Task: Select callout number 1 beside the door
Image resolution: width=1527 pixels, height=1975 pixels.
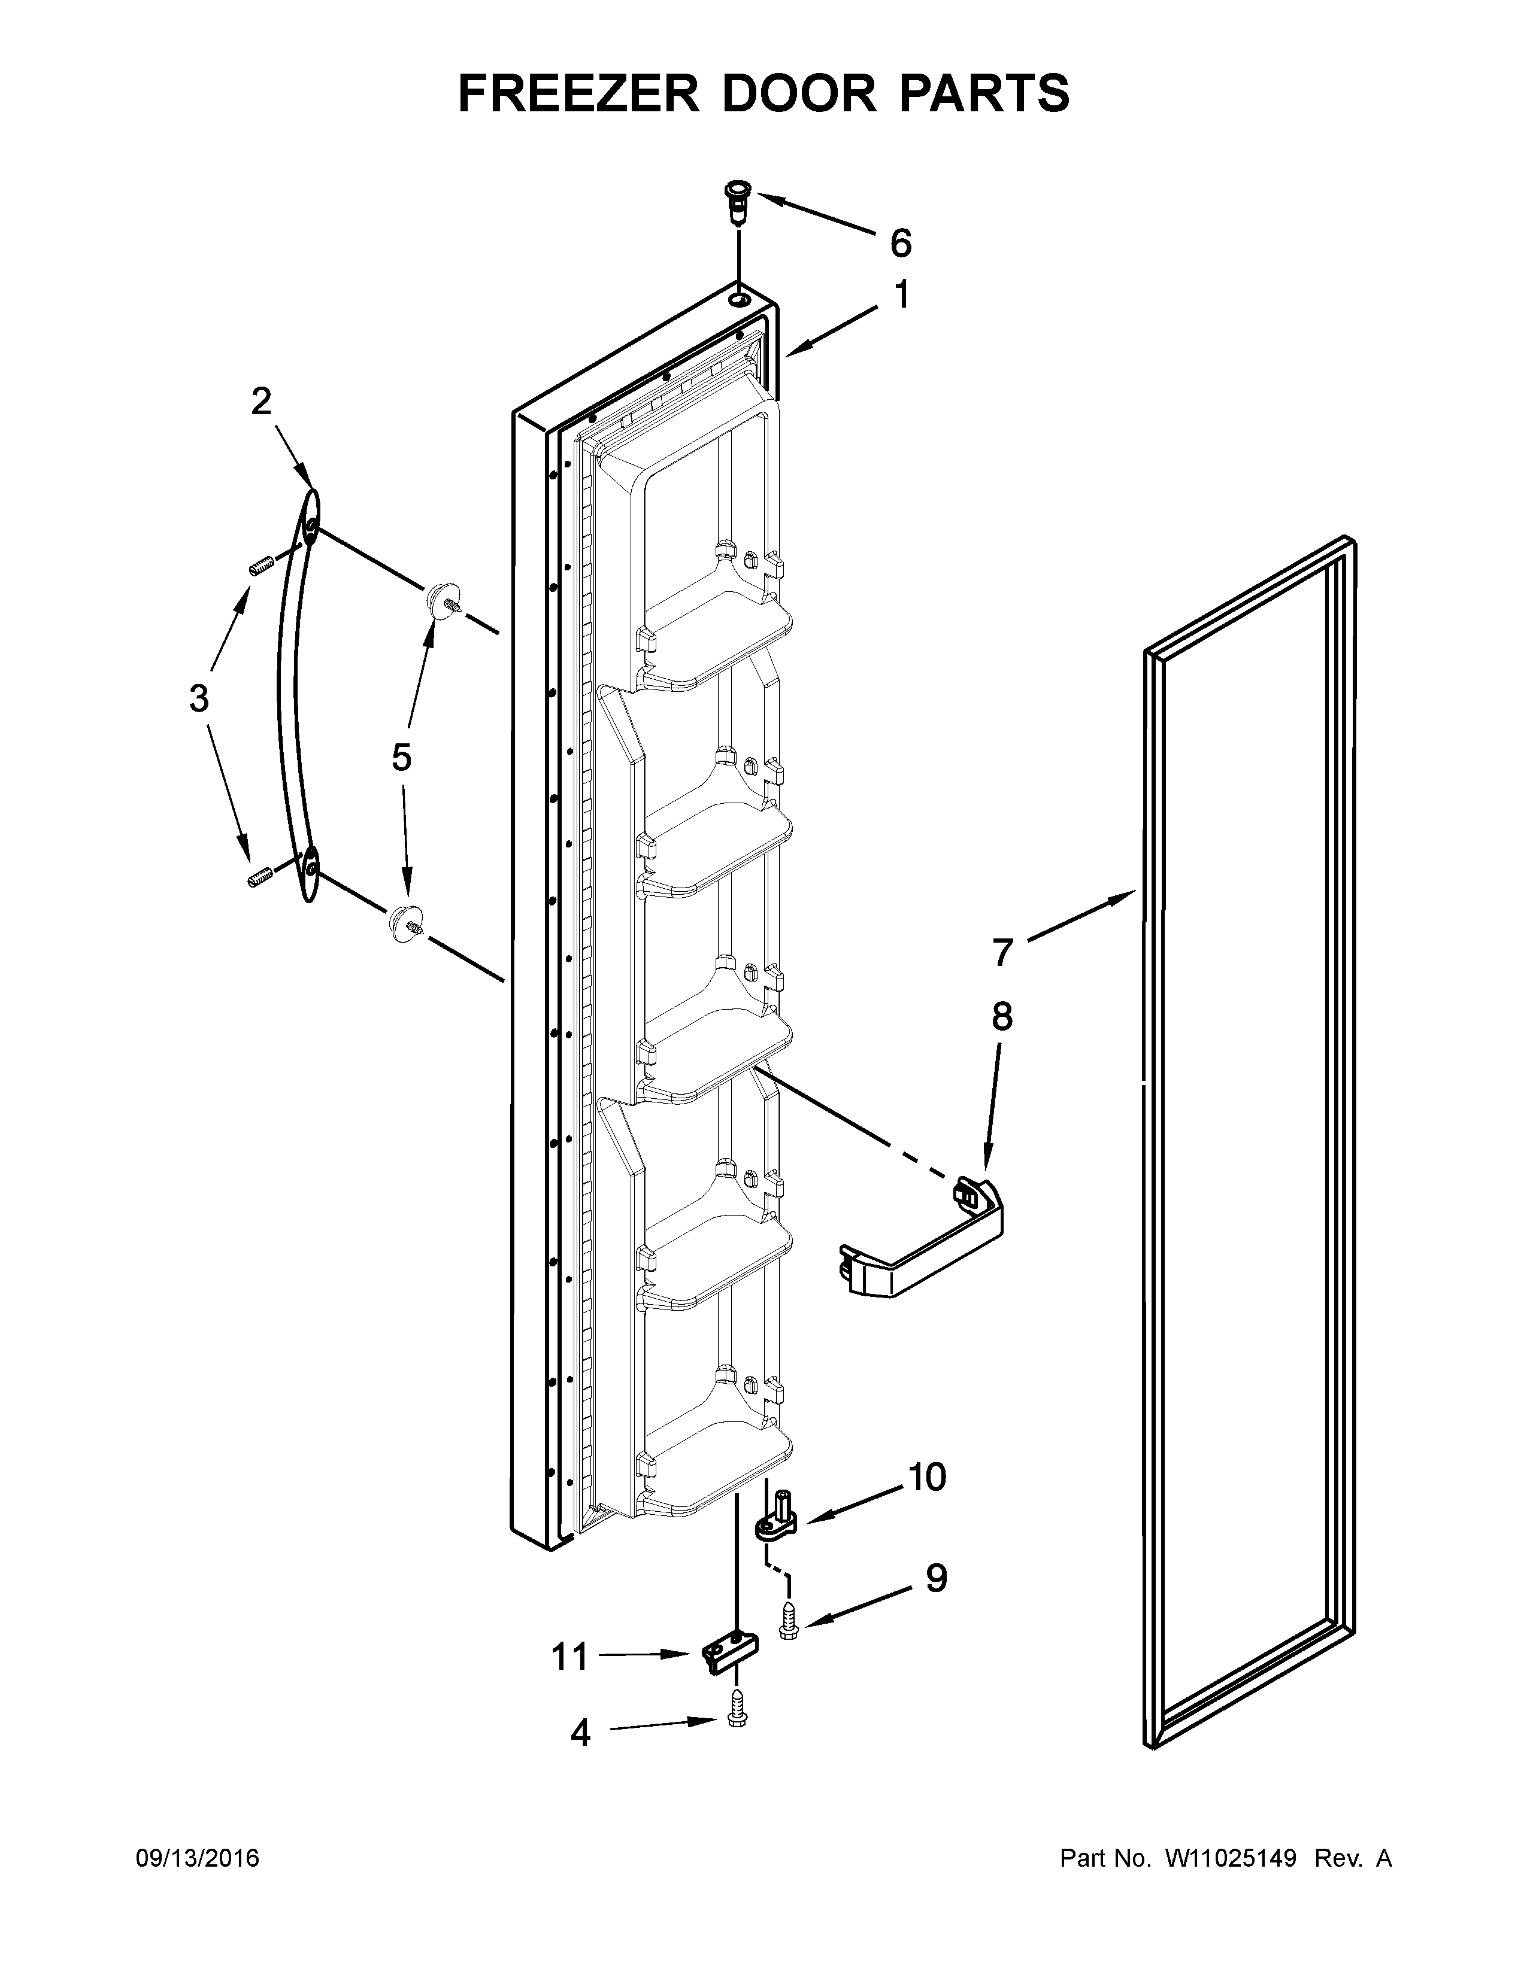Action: tap(902, 295)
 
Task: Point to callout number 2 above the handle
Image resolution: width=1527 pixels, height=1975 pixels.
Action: tap(262, 402)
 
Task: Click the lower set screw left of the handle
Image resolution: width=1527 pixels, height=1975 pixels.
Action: tap(260, 876)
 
